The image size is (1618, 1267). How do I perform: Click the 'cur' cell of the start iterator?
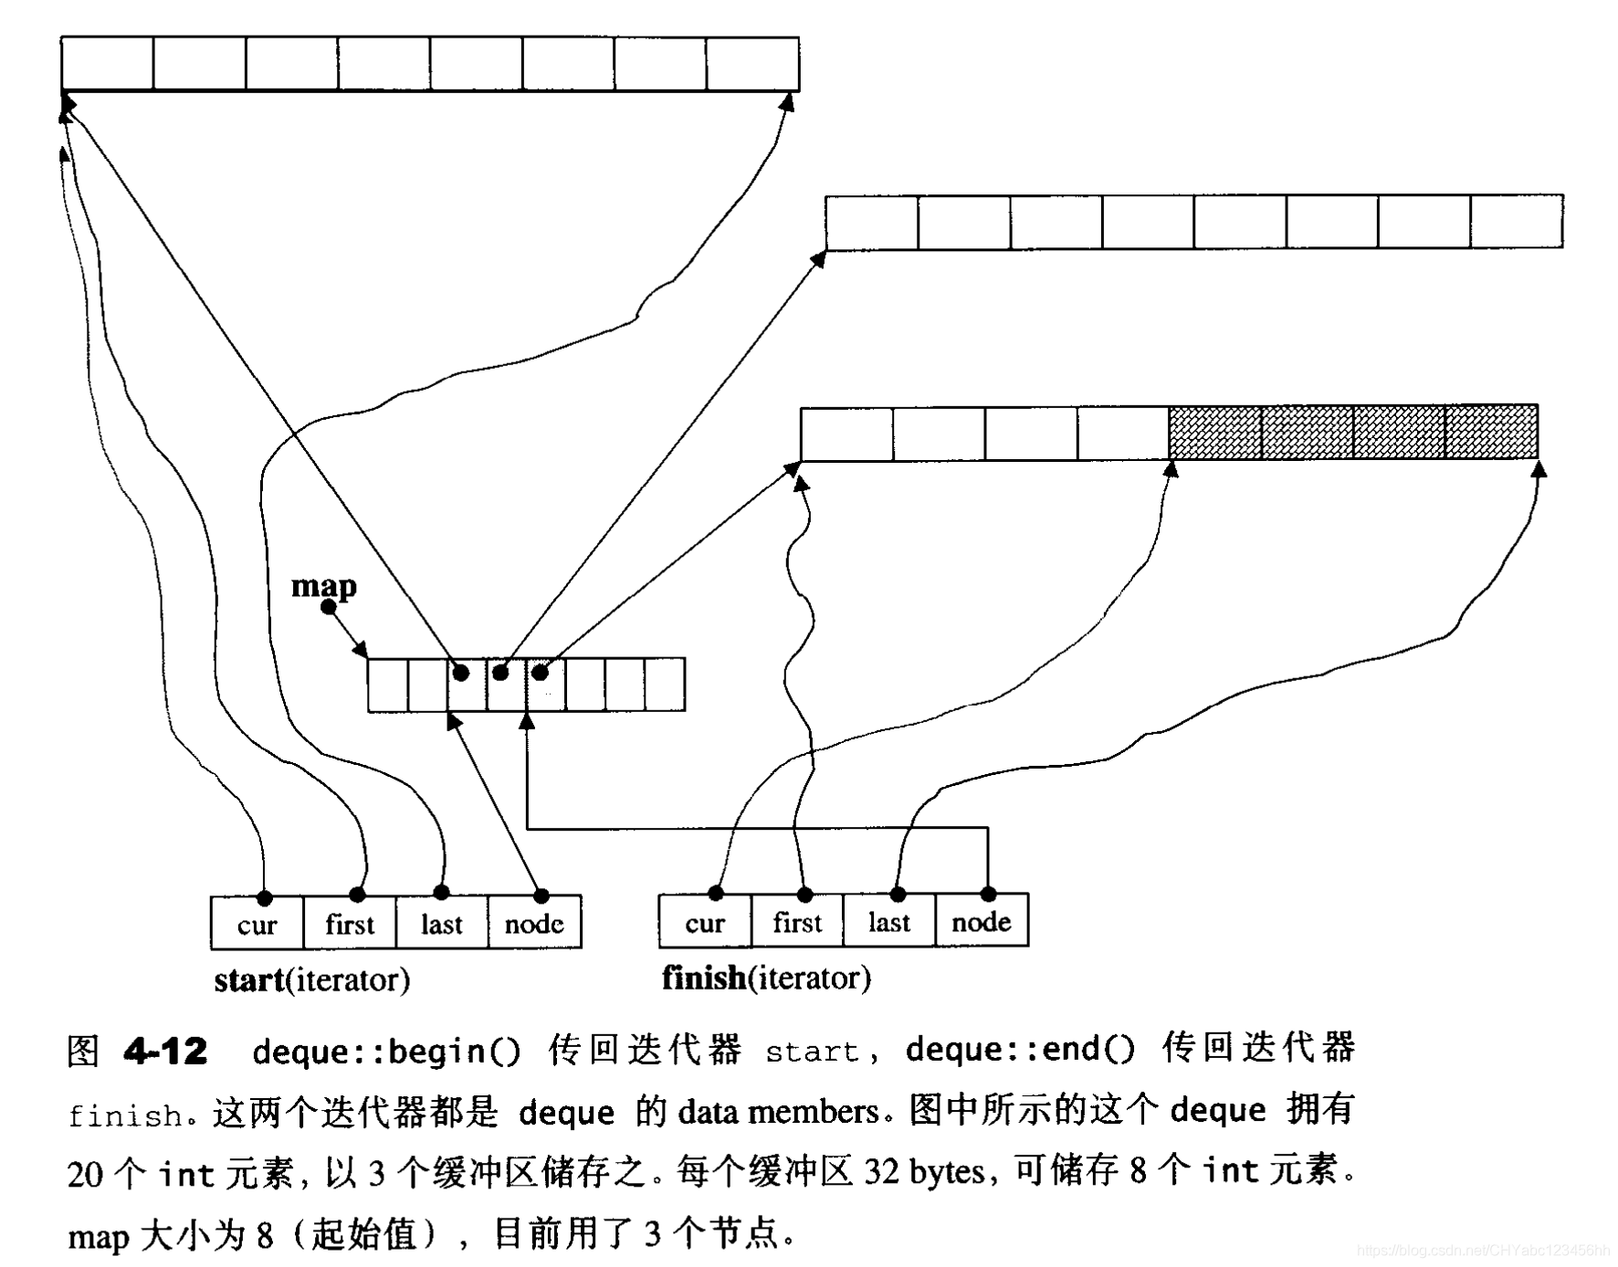(257, 924)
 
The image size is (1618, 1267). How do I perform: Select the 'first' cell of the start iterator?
(350, 924)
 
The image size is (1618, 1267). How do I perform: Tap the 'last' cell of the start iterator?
(442, 924)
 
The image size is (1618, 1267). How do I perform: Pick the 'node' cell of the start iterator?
(534, 924)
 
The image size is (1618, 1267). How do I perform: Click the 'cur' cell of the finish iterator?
(705, 922)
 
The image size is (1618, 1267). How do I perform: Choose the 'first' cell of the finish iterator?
(797, 922)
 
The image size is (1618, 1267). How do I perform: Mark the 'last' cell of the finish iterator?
(889, 922)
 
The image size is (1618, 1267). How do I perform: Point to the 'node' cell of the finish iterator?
(982, 922)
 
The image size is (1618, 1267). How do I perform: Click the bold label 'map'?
(323, 585)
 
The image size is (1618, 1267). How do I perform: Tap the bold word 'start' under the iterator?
(249, 980)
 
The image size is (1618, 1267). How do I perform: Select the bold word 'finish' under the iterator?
(704, 979)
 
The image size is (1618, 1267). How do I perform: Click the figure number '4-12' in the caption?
(165, 1052)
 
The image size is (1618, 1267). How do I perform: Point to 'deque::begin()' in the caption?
(386, 1052)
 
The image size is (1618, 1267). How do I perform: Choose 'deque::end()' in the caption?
(1020, 1050)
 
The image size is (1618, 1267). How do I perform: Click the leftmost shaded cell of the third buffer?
(1214, 433)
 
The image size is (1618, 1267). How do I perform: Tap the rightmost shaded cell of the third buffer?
(1491, 433)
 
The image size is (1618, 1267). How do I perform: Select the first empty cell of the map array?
(388, 685)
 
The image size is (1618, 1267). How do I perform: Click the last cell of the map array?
(665, 685)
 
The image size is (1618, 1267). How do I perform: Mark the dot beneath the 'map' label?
(329, 607)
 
